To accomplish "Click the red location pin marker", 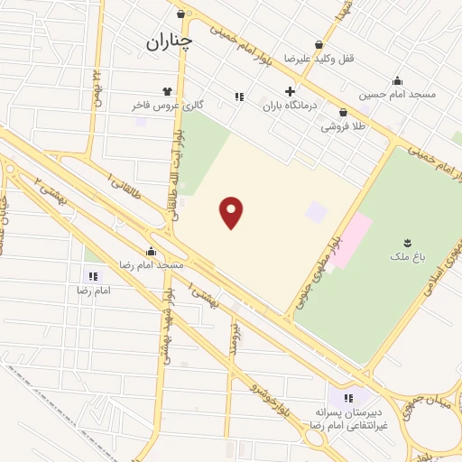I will (x=233, y=212).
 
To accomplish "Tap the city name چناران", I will (x=169, y=42).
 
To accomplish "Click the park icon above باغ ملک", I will (x=408, y=241).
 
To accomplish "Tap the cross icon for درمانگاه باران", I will (x=290, y=91).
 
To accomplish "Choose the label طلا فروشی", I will (x=344, y=127).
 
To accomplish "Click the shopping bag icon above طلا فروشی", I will (x=344, y=113).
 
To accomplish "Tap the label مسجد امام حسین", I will (x=398, y=94).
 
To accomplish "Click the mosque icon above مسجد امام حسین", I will (x=398, y=79).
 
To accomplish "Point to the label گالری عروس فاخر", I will (x=168, y=106).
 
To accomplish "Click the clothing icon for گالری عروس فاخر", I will (x=167, y=91).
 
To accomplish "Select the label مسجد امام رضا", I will (x=152, y=266).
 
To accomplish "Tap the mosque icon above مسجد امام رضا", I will (x=151, y=251).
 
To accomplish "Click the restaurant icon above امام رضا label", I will (x=93, y=276).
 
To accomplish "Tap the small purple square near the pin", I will (x=316, y=213).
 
